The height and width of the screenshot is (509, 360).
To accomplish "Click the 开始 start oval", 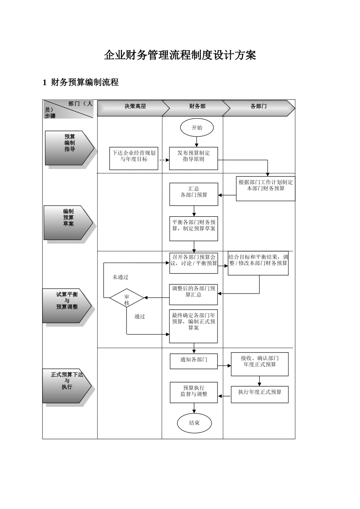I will [x=197, y=128].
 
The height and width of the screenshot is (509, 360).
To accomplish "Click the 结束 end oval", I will [x=194, y=423].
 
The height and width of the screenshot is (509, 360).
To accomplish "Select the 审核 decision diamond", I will [x=127, y=298].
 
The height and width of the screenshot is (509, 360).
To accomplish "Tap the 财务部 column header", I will [x=197, y=106].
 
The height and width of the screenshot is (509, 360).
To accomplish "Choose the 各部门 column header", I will [x=258, y=106].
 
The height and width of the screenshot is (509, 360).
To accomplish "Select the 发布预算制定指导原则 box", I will [x=193, y=158].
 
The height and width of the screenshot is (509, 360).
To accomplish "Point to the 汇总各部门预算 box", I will [x=194, y=194].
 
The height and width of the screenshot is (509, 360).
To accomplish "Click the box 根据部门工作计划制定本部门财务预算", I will [x=265, y=188].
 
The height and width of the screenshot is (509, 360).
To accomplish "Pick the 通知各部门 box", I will [x=193, y=360].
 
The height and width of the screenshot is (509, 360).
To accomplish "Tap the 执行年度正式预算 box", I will [x=260, y=394].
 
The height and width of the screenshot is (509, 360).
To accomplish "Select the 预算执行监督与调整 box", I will [x=194, y=392].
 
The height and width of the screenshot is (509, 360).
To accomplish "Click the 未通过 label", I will [x=121, y=277].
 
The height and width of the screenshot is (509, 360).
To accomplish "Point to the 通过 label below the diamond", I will [x=140, y=317].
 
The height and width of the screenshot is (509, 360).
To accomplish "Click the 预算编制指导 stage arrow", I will [x=69, y=148].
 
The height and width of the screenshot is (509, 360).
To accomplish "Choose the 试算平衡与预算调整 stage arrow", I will [x=67, y=306].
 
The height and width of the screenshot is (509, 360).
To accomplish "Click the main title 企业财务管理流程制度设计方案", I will [x=180, y=55].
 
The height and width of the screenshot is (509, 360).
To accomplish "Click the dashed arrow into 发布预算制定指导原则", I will [x=164, y=160].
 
